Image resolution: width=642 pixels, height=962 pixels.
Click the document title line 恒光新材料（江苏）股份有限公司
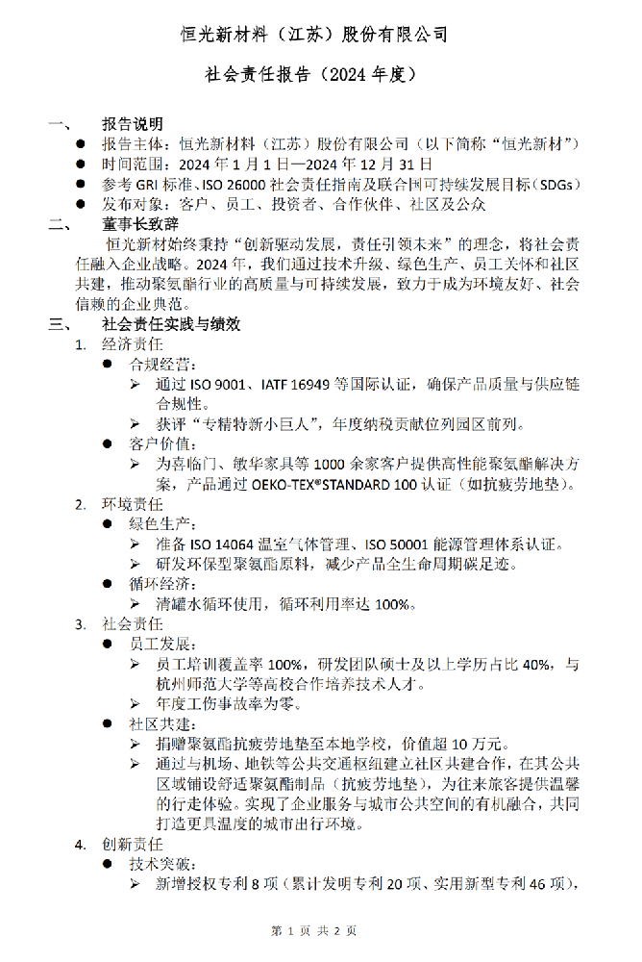[x=314, y=35]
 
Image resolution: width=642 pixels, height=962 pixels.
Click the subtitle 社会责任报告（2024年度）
[x=310, y=74]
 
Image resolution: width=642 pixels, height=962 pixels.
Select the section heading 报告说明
[x=133, y=124]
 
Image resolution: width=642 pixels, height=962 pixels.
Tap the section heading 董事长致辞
[x=140, y=224]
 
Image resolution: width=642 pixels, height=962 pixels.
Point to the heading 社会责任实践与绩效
[x=171, y=324]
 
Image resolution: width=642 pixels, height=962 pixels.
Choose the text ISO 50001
[x=397, y=544]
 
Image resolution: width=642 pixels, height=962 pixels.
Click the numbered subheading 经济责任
[x=133, y=344]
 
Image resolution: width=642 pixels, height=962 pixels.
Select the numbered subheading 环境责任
[x=133, y=504]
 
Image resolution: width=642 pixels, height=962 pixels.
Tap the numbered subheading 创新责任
[x=133, y=845]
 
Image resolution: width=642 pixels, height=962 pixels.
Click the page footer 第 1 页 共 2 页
[x=314, y=930]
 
